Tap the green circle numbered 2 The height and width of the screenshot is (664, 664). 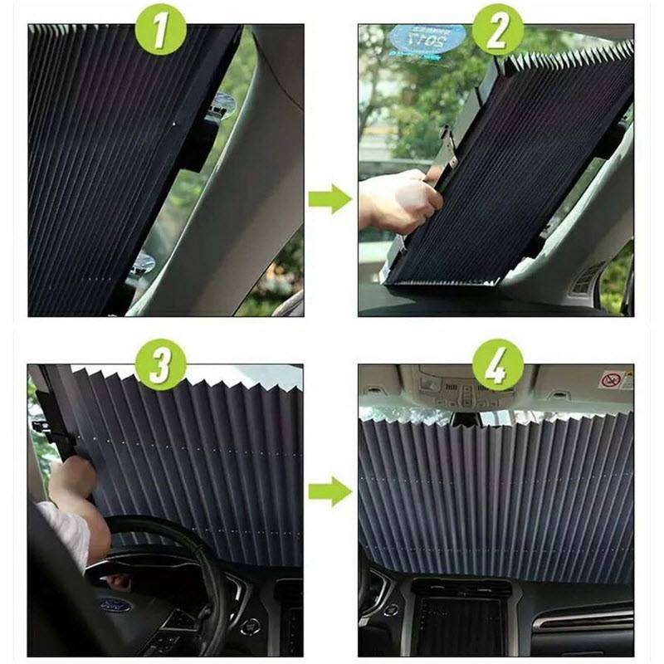(499, 32)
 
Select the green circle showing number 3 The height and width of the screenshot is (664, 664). (161, 365)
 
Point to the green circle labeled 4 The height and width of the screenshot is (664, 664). (499, 365)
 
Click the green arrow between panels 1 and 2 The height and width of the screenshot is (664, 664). (330, 199)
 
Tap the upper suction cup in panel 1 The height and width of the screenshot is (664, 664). (221, 105)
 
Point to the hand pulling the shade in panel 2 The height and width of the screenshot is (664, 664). (398, 199)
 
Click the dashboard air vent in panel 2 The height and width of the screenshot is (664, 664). (588, 278)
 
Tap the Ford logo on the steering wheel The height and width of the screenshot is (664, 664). (115, 605)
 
